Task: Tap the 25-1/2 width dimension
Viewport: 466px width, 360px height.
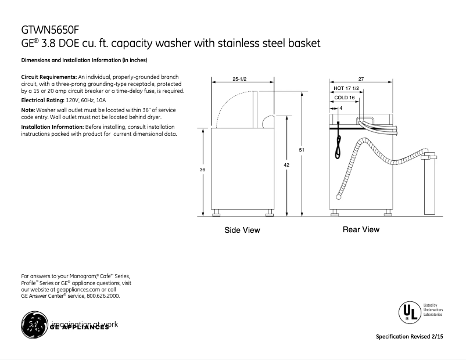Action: pyautogui.click(x=239, y=78)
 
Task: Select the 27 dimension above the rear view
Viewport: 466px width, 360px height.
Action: pyautogui.click(x=361, y=78)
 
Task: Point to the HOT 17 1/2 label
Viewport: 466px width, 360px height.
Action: pyautogui.click(x=347, y=88)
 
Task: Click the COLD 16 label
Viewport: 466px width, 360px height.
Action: pyautogui.click(x=345, y=98)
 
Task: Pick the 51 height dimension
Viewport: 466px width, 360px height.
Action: pyautogui.click(x=302, y=150)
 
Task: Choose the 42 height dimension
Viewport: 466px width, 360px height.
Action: pyautogui.click(x=286, y=165)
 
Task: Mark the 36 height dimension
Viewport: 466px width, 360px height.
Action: pyautogui.click(x=202, y=169)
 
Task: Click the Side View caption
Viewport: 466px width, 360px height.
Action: pyautogui.click(x=242, y=231)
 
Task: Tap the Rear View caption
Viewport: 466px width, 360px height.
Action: pyautogui.click(x=361, y=229)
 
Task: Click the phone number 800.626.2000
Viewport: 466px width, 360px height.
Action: pyautogui.click(x=103, y=296)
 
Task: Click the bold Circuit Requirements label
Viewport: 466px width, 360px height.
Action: pyautogui.click(x=49, y=77)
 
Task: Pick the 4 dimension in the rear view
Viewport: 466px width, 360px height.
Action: pyautogui.click(x=340, y=109)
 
